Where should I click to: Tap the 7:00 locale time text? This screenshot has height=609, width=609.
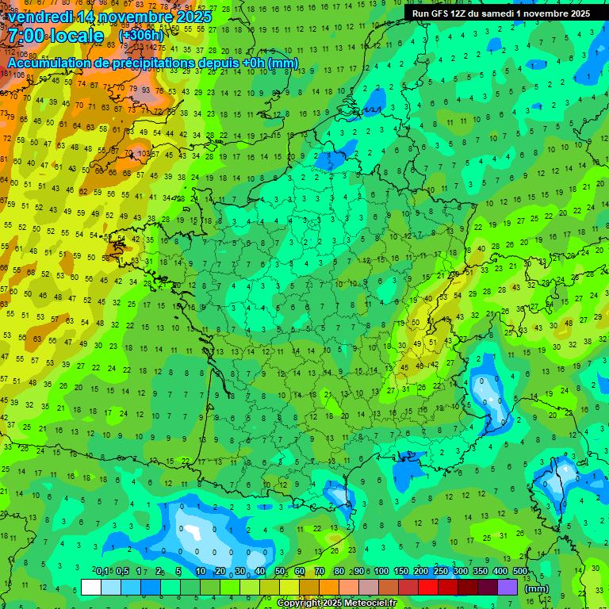click(56, 36)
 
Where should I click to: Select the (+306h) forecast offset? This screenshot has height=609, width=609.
click(142, 36)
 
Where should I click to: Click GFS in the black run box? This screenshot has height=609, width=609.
click(439, 13)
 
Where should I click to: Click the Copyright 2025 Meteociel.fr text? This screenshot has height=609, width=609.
click(336, 603)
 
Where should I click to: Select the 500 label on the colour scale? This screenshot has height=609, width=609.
click(520, 571)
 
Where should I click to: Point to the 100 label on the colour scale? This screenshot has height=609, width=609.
click(381, 571)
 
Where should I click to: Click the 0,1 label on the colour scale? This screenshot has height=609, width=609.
click(101, 571)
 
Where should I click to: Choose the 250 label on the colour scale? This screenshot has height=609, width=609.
click(440, 571)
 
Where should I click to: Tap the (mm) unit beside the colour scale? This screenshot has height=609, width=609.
click(537, 588)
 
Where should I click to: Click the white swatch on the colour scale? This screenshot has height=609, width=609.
click(91, 587)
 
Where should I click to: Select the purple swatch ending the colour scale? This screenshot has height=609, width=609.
click(507, 587)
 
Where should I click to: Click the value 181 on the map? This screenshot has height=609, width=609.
click(7, 74)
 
